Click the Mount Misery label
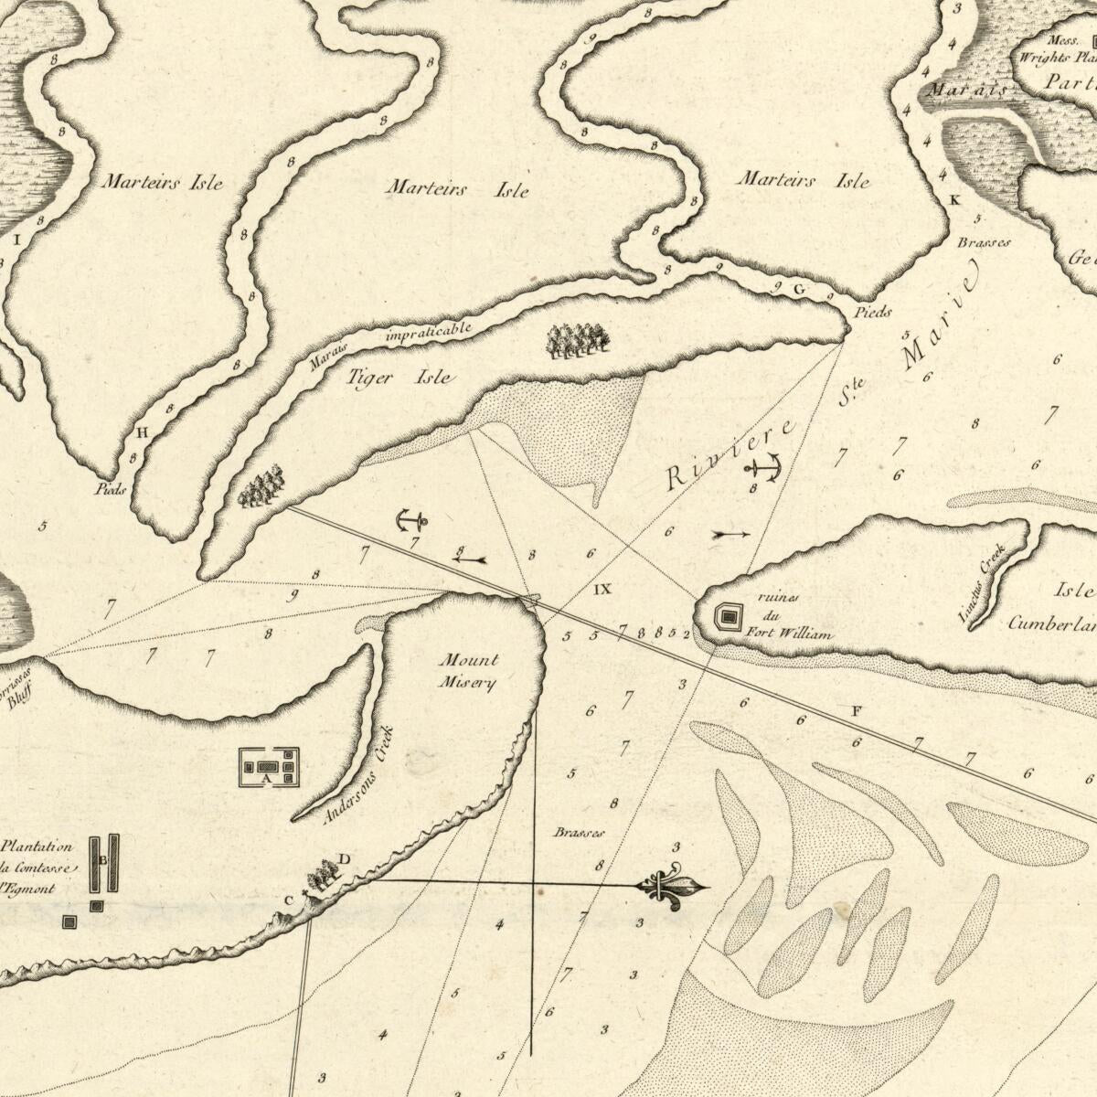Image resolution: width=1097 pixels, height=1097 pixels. tap(469, 670)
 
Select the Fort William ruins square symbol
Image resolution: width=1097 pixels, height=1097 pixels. tap(728, 617)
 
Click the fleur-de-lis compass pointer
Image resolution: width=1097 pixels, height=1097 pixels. tap(674, 886)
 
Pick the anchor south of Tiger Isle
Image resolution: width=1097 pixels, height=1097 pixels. tap(411, 521)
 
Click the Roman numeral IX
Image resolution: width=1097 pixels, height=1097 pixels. tap(602, 590)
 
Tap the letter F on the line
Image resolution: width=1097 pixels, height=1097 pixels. tap(856, 710)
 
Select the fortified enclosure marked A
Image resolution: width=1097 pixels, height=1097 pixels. tap(269, 767)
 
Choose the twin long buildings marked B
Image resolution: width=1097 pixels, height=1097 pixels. tap(103, 862)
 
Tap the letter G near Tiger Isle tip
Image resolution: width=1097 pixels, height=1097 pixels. tap(798, 290)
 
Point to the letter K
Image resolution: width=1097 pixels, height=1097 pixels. tap(955, 199)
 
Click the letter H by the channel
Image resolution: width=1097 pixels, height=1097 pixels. tap(141, 432)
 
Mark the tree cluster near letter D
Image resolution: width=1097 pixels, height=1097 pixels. tap(322, 875)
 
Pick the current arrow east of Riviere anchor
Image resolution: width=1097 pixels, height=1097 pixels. tap(730, 534)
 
